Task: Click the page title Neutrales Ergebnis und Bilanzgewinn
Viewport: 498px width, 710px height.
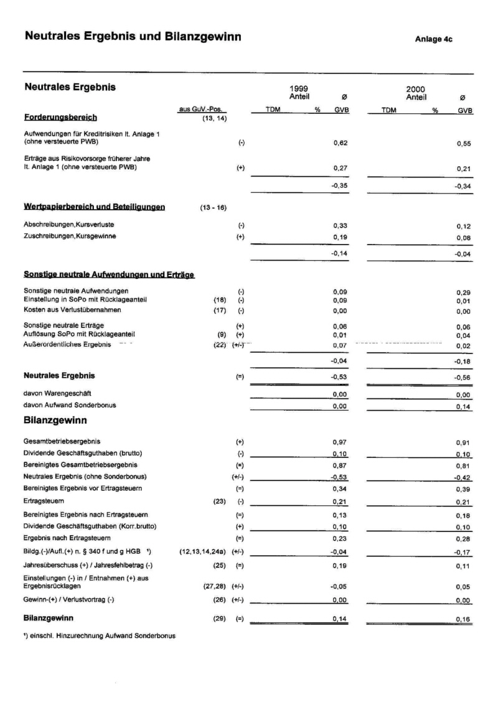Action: click(x=133, y=37)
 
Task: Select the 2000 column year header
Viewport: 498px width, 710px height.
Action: click(x=415, y=90)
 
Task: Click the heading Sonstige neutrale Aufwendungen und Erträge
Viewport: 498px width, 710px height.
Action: click(x=109, y=274)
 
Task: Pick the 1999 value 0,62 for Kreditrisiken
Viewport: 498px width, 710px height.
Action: click(x=339, y=142)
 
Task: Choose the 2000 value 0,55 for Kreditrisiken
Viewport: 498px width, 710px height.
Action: click(x=463, y=142)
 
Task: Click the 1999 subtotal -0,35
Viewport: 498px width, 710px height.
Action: click(x=339, y=185)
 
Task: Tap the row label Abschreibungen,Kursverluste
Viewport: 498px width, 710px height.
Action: click(x=68, y=224)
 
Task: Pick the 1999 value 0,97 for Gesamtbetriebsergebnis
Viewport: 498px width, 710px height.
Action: click(x=339, y=441)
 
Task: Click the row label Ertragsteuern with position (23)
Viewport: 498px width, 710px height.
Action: click(x=44, y=500)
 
